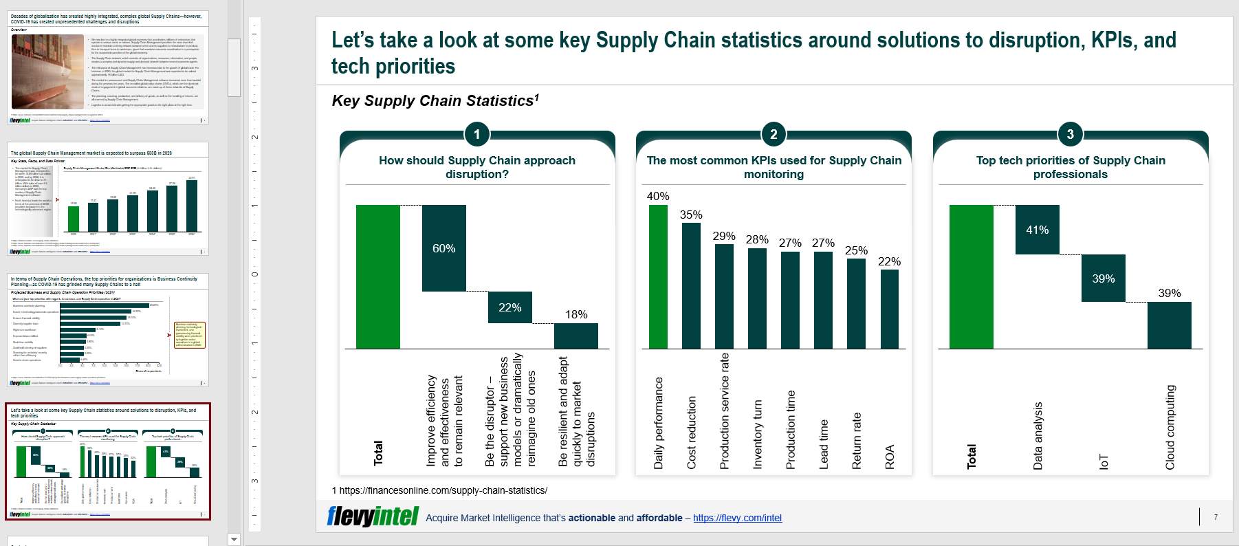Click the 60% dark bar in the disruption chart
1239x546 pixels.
click(443, 248)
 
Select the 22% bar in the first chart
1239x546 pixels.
click(509, 307)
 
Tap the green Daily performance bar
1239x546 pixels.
click(658, 276)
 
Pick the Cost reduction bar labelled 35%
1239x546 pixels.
click(691, 285)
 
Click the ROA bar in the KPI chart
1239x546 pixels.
click(889, 309)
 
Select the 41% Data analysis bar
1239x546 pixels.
click(1037, 230)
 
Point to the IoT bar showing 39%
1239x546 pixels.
click(1103, 279)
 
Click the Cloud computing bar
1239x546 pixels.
click(1169, 325)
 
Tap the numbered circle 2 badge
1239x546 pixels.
click(774, 134)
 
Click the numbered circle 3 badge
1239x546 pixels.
click(1070, 134)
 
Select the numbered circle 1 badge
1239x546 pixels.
click(476, 134)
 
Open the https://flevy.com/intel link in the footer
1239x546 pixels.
click(737, 518)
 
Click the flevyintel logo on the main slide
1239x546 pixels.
click(373, 516)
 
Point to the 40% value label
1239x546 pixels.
click(658, 197)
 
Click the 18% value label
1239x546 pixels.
click(576, 314)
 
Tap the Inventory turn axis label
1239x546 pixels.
click(757, 435)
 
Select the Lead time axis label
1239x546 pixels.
click(823, 444)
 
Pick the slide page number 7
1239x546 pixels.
click(1216, 517)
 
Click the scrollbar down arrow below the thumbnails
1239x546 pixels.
click(234, 539)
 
